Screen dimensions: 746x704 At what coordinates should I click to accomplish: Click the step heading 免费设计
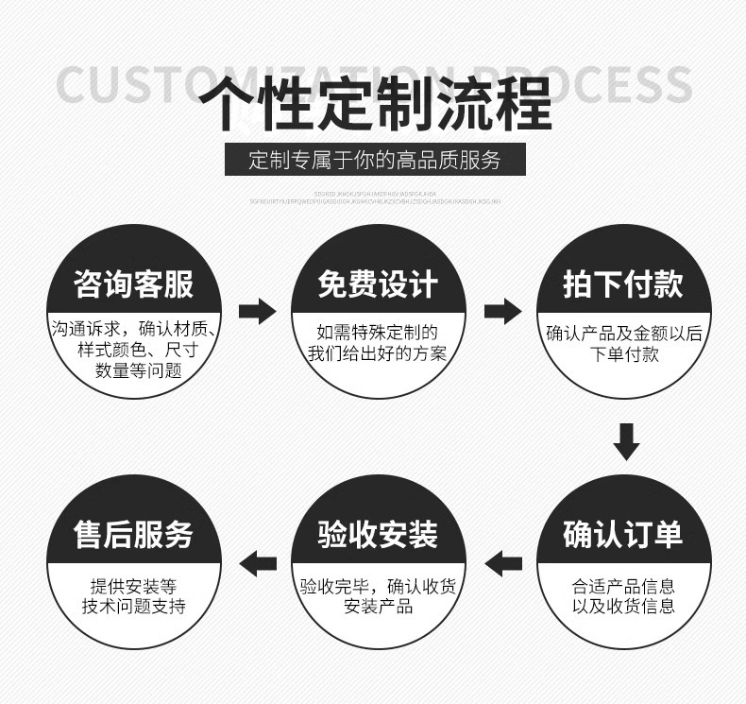[x=378, y=283]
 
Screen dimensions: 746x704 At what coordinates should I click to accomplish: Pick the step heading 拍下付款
[x=622, y=283]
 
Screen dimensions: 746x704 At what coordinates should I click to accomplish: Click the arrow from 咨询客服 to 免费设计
[x=256, y=310]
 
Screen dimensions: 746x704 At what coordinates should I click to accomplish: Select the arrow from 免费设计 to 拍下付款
[x=501, y=310]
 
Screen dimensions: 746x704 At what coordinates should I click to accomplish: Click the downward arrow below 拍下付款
[x=626, y=441]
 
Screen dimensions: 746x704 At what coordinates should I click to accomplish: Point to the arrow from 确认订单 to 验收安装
[x=502, y=564]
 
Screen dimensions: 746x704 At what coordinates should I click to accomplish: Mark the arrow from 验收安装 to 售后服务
[x=257, y=564]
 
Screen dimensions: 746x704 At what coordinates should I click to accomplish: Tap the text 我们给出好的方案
[x=377, y=354]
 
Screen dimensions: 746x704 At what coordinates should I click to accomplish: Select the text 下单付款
[x=624, y=354]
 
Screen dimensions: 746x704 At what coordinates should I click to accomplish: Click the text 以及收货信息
[x=623, y=605]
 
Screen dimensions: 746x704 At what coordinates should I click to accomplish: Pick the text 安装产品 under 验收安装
[x=378, y=605]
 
